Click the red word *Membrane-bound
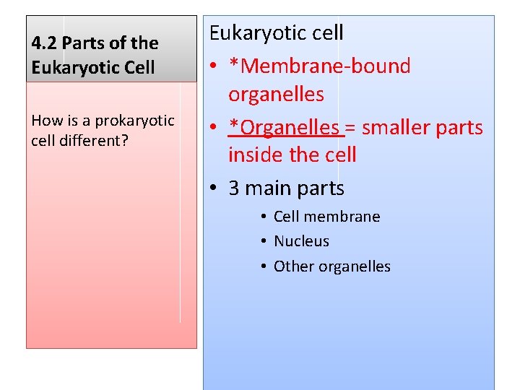click(x=319, y=66)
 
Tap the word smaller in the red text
click(x=396, y=128)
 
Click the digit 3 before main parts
click(x=234, y=188)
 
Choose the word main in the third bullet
click(x=267, y=188)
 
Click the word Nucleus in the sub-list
click(x=301, y=241)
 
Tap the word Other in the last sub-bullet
click(x=292, y=266)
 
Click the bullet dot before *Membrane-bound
click(x=214, y=67)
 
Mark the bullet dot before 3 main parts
click(x=214, y=188)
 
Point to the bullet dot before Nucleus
click(x=264, y=241)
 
